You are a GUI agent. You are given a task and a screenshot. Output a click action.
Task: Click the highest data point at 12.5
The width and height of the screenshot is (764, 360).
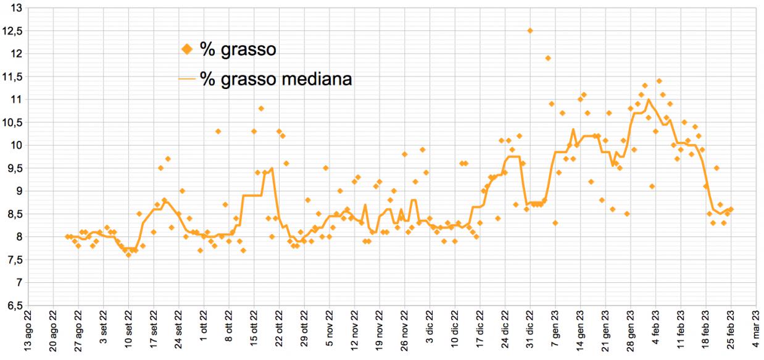[x=530, y=31]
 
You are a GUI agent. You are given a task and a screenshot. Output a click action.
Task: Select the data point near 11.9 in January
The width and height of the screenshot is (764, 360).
[x=548, y=58]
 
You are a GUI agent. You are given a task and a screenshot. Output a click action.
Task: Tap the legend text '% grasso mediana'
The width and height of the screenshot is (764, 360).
[x=276, y=78]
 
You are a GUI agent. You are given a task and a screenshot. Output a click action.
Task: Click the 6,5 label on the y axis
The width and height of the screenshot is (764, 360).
[x=14, y=306]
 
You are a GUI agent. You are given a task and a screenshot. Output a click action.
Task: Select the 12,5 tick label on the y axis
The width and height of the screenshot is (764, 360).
[x=14, y=31]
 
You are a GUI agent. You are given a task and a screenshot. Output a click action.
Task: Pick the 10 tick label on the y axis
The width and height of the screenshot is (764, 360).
[x=16, y=145]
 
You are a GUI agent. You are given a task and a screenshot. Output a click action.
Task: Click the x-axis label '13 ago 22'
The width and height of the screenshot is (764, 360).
[x=28, y=333]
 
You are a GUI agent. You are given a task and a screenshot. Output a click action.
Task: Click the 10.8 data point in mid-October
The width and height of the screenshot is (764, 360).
[x=261, y=109]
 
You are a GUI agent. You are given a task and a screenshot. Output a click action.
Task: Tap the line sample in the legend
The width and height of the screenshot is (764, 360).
[x=187, y=79]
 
